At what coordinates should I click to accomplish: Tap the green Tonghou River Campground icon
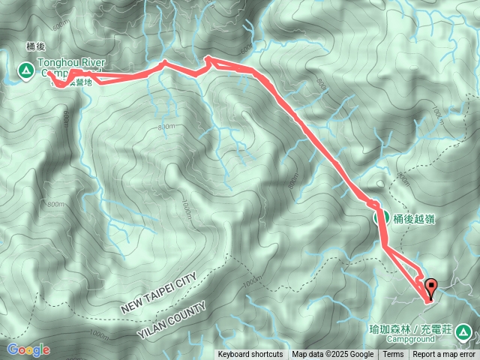point(25,70)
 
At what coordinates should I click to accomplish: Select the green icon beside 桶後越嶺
point(381,219)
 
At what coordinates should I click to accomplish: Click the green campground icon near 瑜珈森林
point(463,331)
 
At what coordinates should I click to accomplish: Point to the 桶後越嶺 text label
point(414,219)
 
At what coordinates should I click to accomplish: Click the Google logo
point(28,349)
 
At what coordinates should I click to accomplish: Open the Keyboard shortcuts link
point(250,355)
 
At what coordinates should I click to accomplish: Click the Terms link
point(393,355)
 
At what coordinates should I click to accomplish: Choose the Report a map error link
point(444,355)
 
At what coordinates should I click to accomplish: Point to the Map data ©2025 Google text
point(333,355)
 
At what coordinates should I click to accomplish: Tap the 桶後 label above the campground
point(37,46)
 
